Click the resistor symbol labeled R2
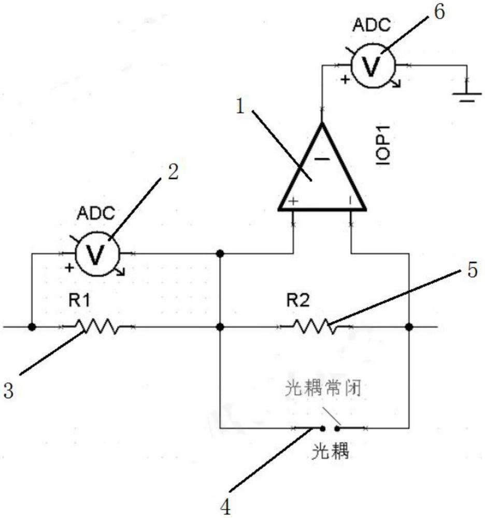pyautogui.click(x=315, y=327)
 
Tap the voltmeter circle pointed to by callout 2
pyautogui.click(x=97, y=254)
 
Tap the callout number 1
pyautogui.click(x=240, y=106)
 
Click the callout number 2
pyautogui.click(x=173, y=172)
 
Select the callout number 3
pyautogui.click(x=8, y=390)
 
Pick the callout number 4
pyautogui.click(x=225, y=508)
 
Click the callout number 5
pyautogui.click(x=473, y=269)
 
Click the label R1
pyautogui.click(x=79, y=300)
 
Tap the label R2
pyautogui.click(x=298, y=300)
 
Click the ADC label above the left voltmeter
pyautogui.click(x=96, y=213)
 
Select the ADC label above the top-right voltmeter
pyautogui.click(x=372, y=25)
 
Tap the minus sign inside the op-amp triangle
pyautogui.click(x=322, y=159)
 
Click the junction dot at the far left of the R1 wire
pyautogui.click(x=32, y=327)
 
